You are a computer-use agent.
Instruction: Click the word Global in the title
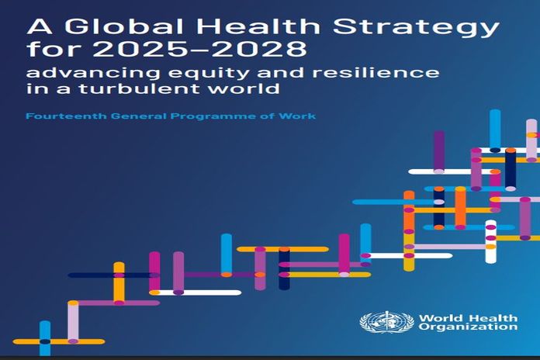[x=124, y=26]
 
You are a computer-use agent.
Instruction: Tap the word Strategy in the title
[x=416, y=29]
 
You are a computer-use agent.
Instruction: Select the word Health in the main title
[x=258, y=26]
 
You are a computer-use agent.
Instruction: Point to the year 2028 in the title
[x=258, y=49]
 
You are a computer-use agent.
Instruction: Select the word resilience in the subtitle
[x=376, y=72]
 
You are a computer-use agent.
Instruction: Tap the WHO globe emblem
[x=386, y=322]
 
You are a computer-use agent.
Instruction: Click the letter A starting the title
[x=39, y=26]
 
